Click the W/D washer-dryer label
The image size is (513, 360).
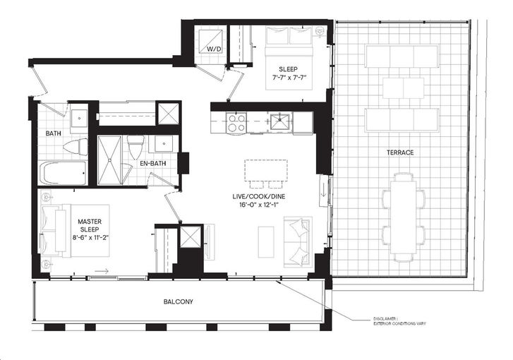pyautogui.click(x=215, y=49)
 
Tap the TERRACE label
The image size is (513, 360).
pyautogui.click(x=400, y=152)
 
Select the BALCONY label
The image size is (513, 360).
pyautogui.click(x=179, y=301)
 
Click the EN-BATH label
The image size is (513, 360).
pyautogui.click(x=153, y=163)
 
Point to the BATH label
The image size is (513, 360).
pyautogui.click(x=54, y=133)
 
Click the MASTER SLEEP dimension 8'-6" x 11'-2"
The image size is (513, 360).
pyautogui.click(x=90, y=238)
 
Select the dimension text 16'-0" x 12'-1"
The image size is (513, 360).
pyautogui.click(x=258, y=205)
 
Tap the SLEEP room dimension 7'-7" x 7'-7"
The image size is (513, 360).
pyautogui.click(x=288, y=78)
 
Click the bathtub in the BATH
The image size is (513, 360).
pyautogui.click(x=64, y=173)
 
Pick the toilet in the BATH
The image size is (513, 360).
pyautogui.click(x=76, y=146)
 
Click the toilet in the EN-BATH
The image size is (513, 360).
pyautogui.click(x=135, y=147)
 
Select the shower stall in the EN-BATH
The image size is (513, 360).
pyautogui.click(x=109, y=160)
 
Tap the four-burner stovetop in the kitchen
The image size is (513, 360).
pyautogui.click(x=236, y=122)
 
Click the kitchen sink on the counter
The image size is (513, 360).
pyautogui.click(x=280, y=121)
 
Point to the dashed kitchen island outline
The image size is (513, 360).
pyautogui.click(x=266, y=170)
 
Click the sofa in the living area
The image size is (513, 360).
pyautogui.click(x=298, y=241)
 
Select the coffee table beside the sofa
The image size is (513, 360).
pyautogui.click(x=266, y=242)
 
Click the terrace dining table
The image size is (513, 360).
pyautogui.click(x=404, y=217)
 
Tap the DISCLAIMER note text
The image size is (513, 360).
pyautogui.click(x=400, y=321)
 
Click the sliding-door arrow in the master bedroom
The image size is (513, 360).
pyautogui.click(x=102, y=271)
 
